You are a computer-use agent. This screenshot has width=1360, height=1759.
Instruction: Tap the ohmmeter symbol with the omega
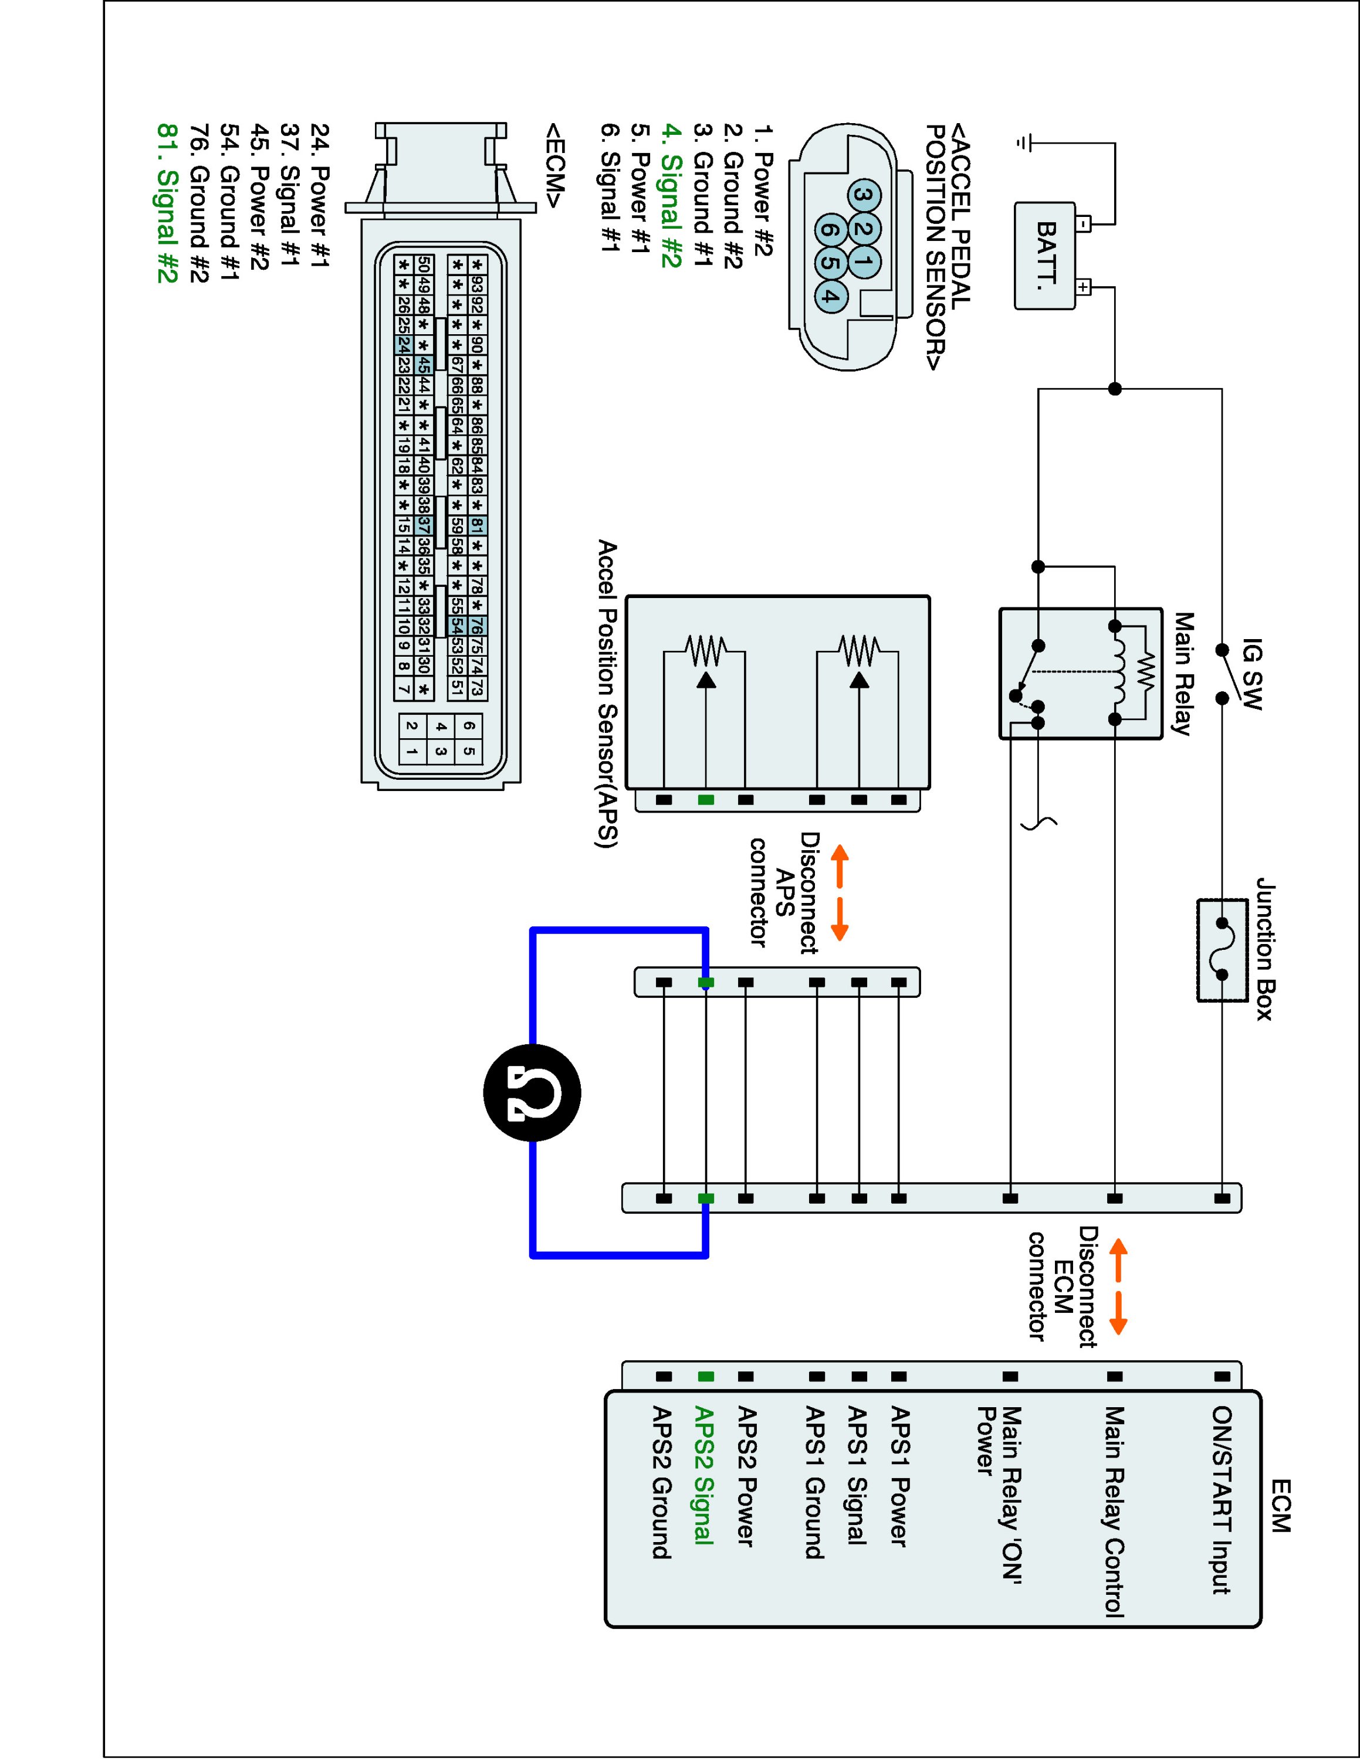pyautogui.click(x=532, y=1093)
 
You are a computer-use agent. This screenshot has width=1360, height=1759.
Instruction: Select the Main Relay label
pyautogui.click(x=1183, y=673)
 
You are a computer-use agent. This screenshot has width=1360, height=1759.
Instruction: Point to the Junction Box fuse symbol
pyautogui.click(x=1222, y=950)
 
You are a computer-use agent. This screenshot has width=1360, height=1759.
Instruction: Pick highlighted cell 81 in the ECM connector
pyautogui.click(x=477, y=526)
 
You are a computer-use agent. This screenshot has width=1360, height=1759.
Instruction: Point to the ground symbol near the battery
pyautogui.click(x=1023, y=144)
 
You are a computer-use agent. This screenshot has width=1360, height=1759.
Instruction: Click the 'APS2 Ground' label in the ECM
pyautogui.click(x=662, y=1482)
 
